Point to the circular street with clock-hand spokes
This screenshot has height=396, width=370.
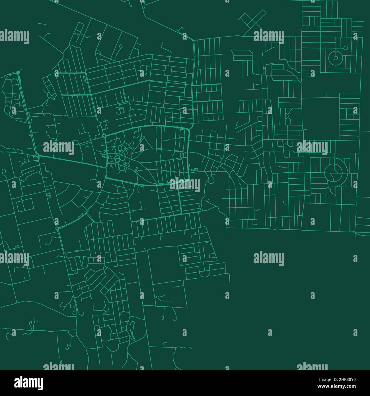[x=336, y=173]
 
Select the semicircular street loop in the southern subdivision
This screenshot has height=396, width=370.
[x=204, y=273]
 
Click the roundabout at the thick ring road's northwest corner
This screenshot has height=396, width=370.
[x=104, y=135]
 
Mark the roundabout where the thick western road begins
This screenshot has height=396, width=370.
[x=37, y=156]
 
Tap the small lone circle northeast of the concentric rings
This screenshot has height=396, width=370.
[x=346, y=48]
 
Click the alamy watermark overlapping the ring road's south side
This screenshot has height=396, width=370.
[x=185, y=185]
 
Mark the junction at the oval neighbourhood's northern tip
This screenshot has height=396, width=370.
[x=18, y=73]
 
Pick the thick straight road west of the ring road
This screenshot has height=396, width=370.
[x=71, y=161]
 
